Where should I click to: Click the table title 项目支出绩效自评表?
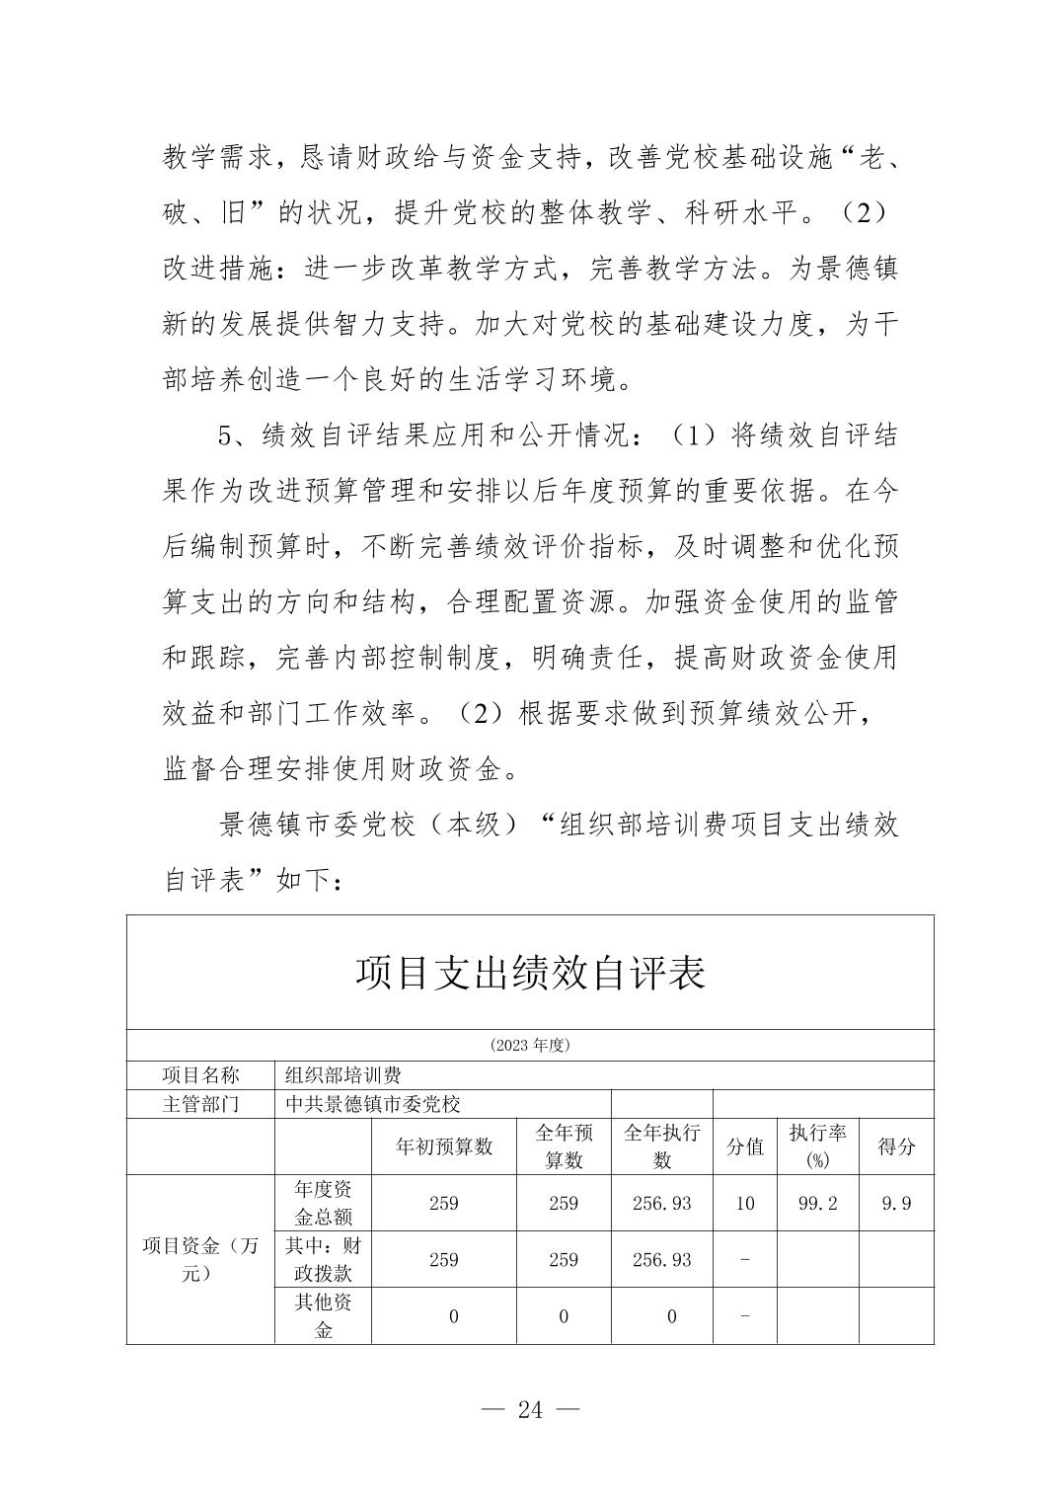tap(530, 974)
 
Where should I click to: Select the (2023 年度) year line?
tap(530, 1045)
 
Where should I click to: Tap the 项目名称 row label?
tap(200, 1075)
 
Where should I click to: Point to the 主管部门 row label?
tap(200, 1104)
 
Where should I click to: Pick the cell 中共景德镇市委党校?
tap(373, 1104)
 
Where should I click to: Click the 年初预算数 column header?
tap(444, 1146)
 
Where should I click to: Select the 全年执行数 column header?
tap(661, 1146)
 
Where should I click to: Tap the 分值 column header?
tap(745, 1146)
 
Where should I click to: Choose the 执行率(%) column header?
tap(817, 1146)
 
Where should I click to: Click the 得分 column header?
tap(896, 1146)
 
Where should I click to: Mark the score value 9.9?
tap(896, 1203)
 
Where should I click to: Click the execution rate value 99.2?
tap(817, 1203)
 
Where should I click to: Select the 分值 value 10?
tap(745, 1203)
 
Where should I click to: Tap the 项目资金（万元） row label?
tap(200, 1259)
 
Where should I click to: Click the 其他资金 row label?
tap(323, 1315)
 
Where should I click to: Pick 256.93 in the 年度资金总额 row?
tap(661, 1203)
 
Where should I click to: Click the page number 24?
tap(530, 1409)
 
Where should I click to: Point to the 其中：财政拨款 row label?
tap(323, 1259)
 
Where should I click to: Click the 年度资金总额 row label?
tap(323, 1203)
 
